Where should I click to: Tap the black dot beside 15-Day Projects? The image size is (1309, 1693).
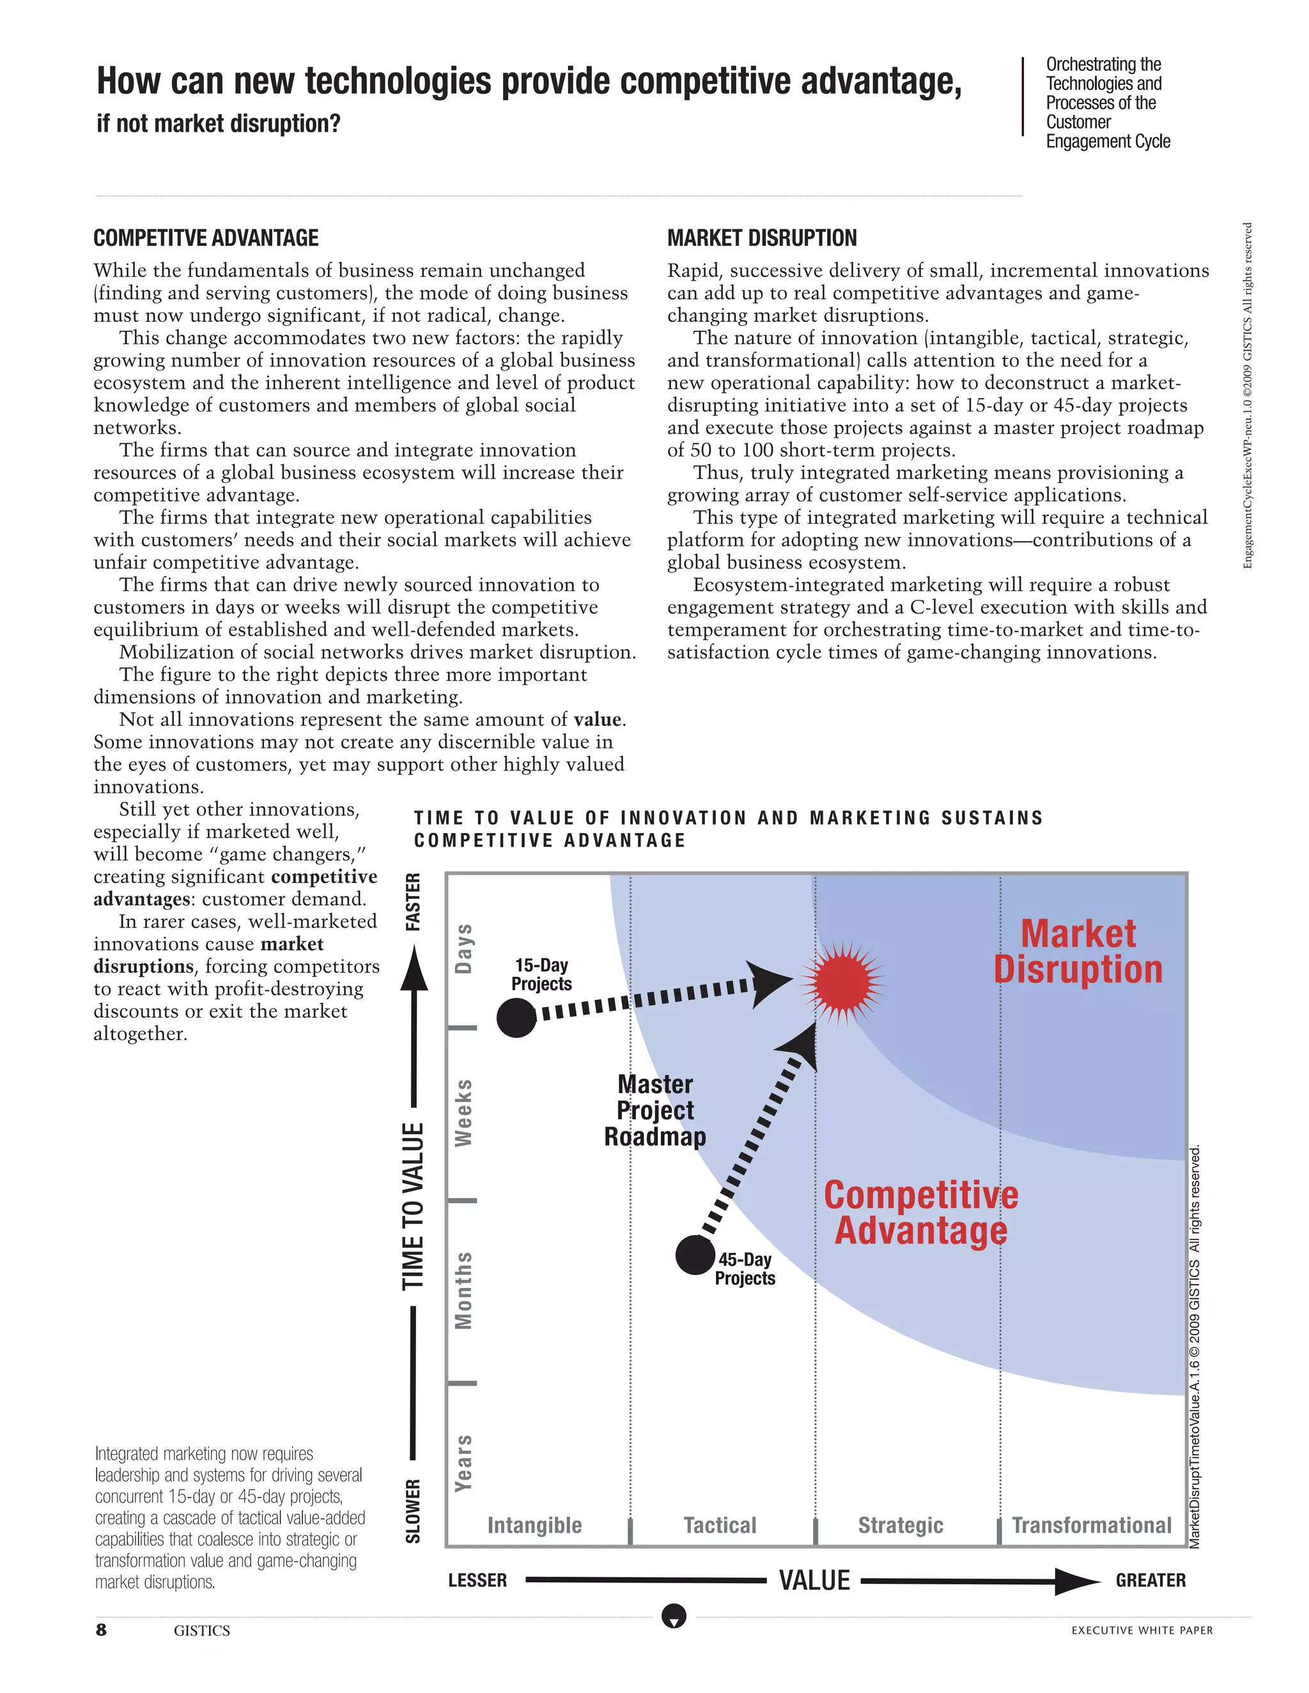[x=516, y=1018]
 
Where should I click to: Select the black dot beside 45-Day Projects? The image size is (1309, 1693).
[x=695, y=1254]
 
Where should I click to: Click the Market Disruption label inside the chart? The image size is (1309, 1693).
[x=1078, y=951]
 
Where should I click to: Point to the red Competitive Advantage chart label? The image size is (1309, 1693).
[x=920, y=1213]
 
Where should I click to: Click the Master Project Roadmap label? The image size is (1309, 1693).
[x=655, y=1110]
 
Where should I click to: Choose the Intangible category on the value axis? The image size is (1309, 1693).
[x=534, y=1525]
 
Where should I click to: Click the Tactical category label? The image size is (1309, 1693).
[x=720, y=1525]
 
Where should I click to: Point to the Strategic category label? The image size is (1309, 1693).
[x=901, y=1525]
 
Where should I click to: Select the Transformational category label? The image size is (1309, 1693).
[x=1091, y=1525]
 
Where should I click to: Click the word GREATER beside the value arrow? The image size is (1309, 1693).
[x=1150, y=1580]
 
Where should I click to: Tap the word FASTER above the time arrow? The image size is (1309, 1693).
[x=414, y=901]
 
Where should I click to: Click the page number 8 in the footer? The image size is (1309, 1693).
[x=102, y=1630]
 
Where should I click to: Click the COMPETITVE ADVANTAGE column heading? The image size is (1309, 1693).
[x=206, y=238]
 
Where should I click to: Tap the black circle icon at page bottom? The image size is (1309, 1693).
[x=674, y=1616]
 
